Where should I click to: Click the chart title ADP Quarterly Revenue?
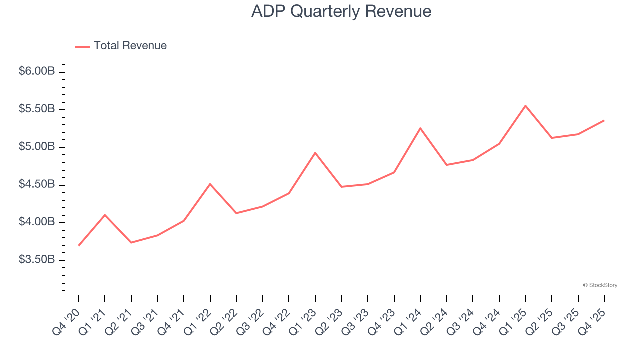341,11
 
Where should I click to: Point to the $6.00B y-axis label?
37,71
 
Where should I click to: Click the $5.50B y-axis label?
37,109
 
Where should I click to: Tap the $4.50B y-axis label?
37,184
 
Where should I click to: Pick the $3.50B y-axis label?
37,260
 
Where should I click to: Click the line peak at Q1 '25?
525,106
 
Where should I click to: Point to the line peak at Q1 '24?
420,128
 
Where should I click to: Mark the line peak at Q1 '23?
315,153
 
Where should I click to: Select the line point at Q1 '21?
105,215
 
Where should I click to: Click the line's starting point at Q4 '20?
79,245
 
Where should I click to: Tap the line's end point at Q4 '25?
604,120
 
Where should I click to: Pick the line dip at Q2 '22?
236,213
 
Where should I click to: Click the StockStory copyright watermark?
600,285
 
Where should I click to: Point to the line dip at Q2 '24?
446,165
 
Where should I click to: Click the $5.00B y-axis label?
37,147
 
